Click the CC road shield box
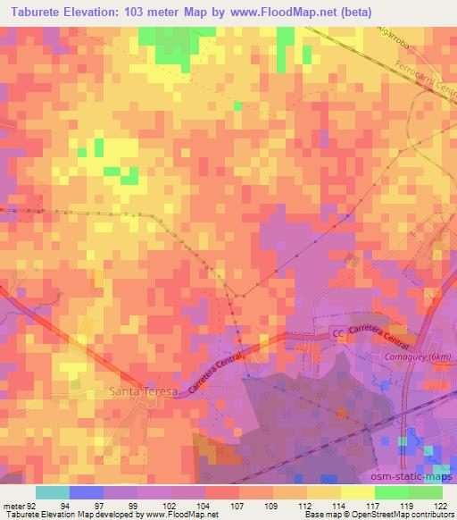337,333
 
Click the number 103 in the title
154,12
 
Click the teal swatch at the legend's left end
53,491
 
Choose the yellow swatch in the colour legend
357,491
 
